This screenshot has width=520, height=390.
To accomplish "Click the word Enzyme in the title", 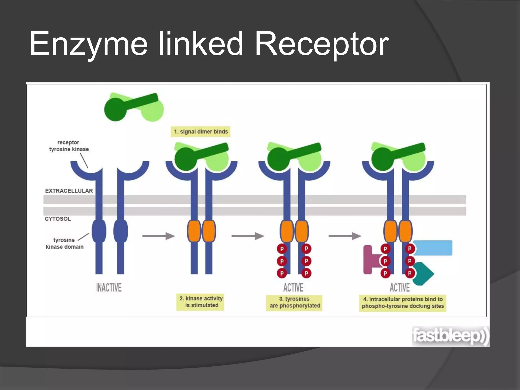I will point(88,44).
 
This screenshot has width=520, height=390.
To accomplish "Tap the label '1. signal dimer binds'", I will point(201,132).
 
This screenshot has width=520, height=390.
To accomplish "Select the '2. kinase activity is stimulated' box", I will point(201,302).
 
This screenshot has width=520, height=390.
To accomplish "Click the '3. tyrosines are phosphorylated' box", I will point(294,302).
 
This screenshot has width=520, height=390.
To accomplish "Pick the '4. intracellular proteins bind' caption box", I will point(403,303).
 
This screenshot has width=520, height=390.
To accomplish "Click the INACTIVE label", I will point(109,288).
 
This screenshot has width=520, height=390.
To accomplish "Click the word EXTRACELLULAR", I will point(69,191).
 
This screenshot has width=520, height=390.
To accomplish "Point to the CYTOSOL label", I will point(58,219).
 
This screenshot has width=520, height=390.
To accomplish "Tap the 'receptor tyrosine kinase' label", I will point(69,146).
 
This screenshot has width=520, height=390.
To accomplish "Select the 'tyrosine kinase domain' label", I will point(64,243).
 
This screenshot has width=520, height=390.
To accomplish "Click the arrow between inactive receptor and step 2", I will point(158,236).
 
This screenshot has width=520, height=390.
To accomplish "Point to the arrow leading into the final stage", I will point(345,236).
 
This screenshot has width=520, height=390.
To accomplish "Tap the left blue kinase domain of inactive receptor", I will point(99,231).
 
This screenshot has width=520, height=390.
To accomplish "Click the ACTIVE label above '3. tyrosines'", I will point(293,288).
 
